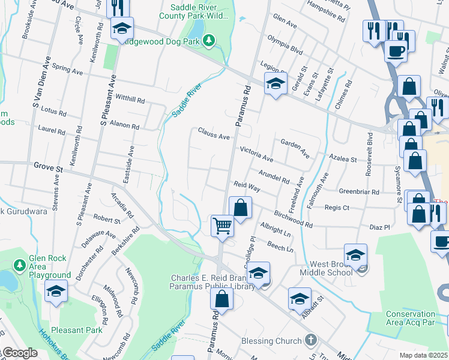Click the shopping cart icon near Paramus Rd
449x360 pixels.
coord(222,227)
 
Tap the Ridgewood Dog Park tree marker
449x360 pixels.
coord(209,40)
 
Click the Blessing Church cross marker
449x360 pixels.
coord(310,341)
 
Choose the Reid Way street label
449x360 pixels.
coord(247,187)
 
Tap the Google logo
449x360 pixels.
coord(19,353)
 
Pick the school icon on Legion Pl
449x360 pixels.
coord(276,84)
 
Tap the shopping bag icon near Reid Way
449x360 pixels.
coord(240,209)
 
